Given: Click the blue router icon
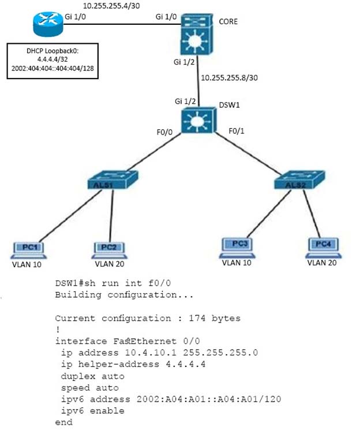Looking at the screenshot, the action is click(x=48, y=24).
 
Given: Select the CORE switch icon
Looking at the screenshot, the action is click(x=197, y=34).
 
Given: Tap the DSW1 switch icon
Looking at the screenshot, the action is click(x=198, y=121).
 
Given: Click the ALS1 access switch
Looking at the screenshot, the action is click(x=112, y=180).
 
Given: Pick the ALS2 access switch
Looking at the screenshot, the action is click(x=299, y=180).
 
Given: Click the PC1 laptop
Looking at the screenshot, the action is click(x=29, y=250).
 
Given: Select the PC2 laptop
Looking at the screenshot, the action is click(x=109, y=250).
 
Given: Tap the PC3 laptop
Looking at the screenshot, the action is click(x=237, y=248).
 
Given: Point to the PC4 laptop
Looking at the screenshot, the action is click(x=324, y=248).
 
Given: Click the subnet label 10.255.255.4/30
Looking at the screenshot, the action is click(x=111, y=6).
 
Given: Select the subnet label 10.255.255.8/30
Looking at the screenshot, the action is click(x=230, y=78).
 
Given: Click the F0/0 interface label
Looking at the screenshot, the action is click(x=164, y=132).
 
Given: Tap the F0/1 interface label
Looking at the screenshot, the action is click(x=237, y=131).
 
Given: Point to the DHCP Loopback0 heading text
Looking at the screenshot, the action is click(x=52, y=51).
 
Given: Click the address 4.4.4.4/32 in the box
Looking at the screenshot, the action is click(x=52, y=59).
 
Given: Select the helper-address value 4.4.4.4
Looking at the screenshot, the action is click(x=186, y=364).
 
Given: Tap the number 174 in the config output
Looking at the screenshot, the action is click(x=197, y=318).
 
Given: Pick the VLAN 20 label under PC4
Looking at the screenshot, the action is click(x=322, y=263).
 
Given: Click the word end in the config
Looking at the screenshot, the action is click(x=64, y=422).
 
